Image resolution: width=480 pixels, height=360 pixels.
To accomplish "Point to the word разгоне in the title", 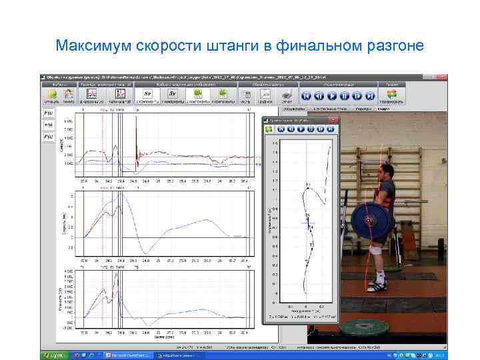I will pos(395,47).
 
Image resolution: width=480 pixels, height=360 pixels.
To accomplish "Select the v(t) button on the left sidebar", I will pos(49,125).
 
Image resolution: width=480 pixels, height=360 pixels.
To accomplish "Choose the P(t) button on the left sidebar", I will pos(49,137).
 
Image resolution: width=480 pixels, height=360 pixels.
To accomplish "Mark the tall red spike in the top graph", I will pos(135,133).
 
